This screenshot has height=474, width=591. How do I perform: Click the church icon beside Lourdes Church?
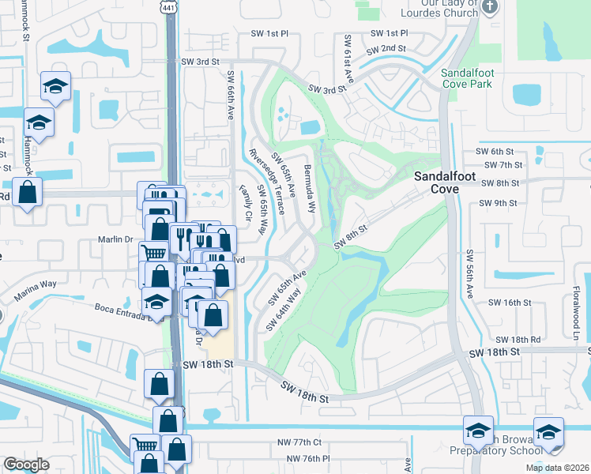click(490, 7)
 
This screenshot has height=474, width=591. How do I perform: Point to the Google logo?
click(26, 465)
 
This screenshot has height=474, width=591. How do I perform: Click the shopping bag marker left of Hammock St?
click(27, 194)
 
